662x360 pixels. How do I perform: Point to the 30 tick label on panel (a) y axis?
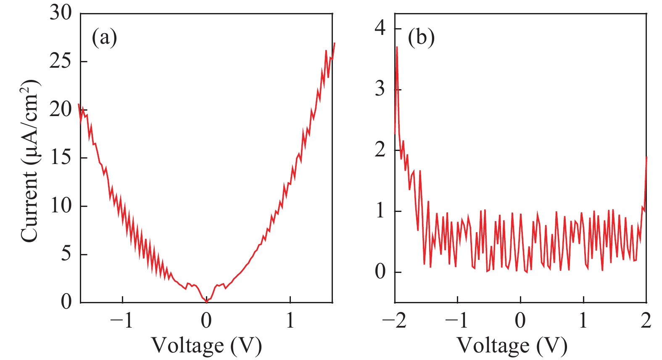[x=61, y=13]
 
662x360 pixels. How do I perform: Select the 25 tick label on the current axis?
[x=61, y=61]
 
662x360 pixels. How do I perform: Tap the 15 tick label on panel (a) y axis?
[x=61, y=158]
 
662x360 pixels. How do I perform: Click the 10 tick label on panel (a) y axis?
[x=61, y=206]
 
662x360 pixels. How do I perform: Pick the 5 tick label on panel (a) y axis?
[x=66, y=254]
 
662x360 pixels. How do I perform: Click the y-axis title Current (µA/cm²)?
[x=30, y=161]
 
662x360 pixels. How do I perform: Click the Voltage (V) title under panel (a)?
[x=206, y=346]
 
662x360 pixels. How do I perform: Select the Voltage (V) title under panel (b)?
[x=512, y=346]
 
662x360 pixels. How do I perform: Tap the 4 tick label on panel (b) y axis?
[x=380, y=29]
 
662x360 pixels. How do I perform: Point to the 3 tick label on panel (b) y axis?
[x=380, y=89]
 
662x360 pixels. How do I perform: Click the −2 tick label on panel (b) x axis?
[x=394, y=321]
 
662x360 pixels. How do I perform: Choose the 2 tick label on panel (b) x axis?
[x=646, y=321]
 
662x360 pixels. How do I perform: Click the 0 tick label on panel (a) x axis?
[x=206, y=321]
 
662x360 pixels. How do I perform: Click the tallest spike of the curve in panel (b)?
[x=397, y=47]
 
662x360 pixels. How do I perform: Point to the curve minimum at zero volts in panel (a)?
[x=206, y=302]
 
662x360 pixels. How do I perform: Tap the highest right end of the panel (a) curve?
[x=334, y=43]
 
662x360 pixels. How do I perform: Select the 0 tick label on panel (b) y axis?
[x=380, y=272]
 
